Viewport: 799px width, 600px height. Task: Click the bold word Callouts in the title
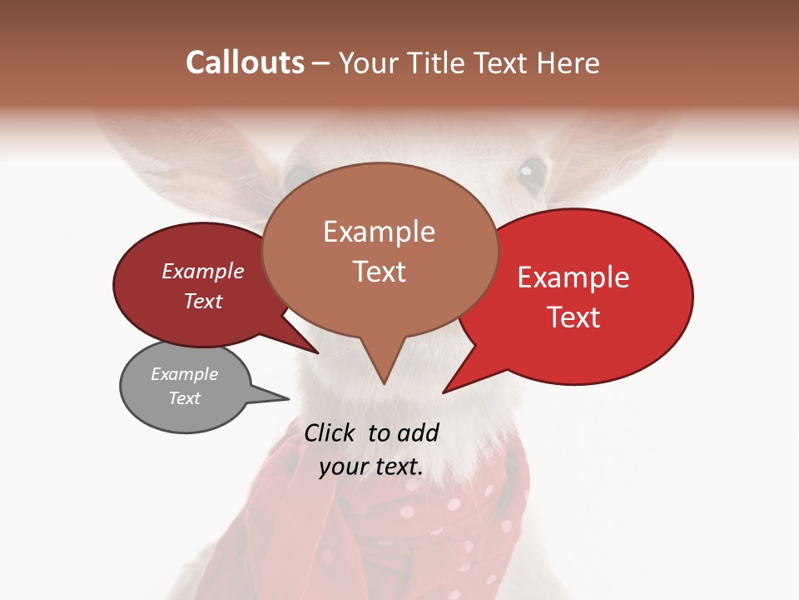pyautogui.click(x=245, y=62)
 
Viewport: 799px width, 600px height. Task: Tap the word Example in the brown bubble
pyautogui.click(x=379, y=232)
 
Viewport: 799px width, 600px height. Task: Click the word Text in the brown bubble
pyautogui.click(x=379, y=272)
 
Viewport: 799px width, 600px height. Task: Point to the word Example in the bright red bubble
pyautogui.click(x=573, y=277)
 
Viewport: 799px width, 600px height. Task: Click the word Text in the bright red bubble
pyautogui.click(x=573, y=317)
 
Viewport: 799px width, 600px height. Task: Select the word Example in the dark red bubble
pyautogui.click(x=202, y=272)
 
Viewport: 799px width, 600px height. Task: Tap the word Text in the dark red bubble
pyautogui.click(x=202, y=302)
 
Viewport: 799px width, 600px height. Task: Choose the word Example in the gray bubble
pyautogui.click(x=184, y=374)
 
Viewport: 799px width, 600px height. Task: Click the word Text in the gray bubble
pyautogui.click(x=184, y=398)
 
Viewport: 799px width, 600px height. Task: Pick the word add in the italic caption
pyautogui.click(x=418, y=432)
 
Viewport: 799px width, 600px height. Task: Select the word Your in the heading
pyautogui.click(x=369, y=62)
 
